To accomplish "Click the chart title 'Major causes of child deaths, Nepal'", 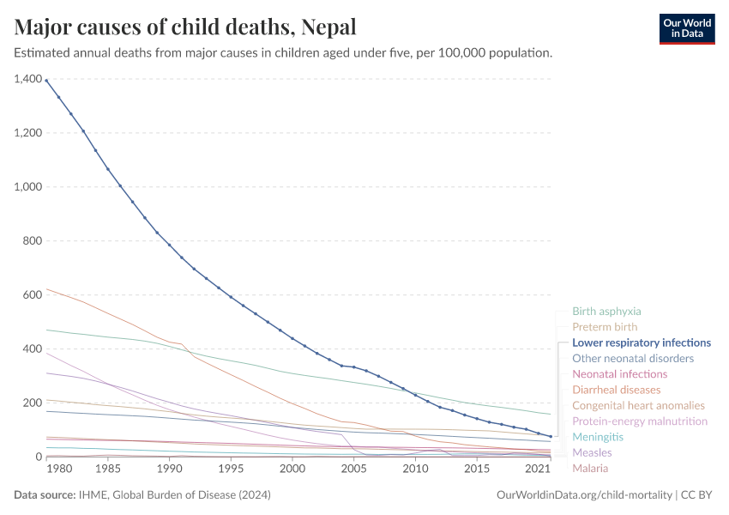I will pyautogui.click(x=185, y=27).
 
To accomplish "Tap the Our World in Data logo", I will pyautogui.click(x=686, y=28).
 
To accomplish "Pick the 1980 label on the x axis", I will pyautogui.click(x=58, y=470).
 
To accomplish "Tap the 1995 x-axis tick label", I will pyautogui.click(x=231, y=470).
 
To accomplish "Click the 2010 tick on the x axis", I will pyautogui.click(x=415, y=470).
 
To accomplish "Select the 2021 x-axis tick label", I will pyautogui.click(x=538, y=470).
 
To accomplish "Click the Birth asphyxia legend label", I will pyautogui.click(x=606, y=312).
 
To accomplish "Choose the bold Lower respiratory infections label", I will pyautogui.click(x=642, y=342).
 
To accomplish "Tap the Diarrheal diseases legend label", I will pyautogui.click(x=616, y=390).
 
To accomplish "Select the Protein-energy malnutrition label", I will pyautogui.click(x=640, y=421).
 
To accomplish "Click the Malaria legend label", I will pyautogui.click(x=590, y=468).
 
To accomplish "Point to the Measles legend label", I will pyautogui.click(x=592, y=452).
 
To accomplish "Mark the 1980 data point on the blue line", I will pyautogui.click(x=46, y=82).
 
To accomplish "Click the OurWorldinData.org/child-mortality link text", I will pyautogui.click(x=585, y=495).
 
